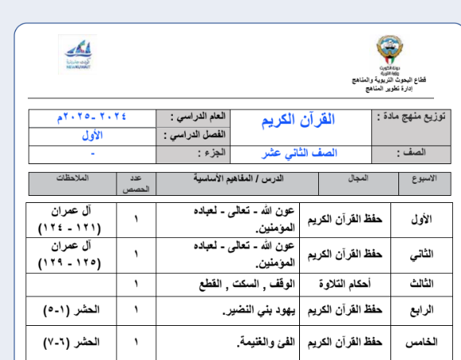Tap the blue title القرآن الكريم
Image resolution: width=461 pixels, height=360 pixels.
pyautogui.click(x=298, y=120)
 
